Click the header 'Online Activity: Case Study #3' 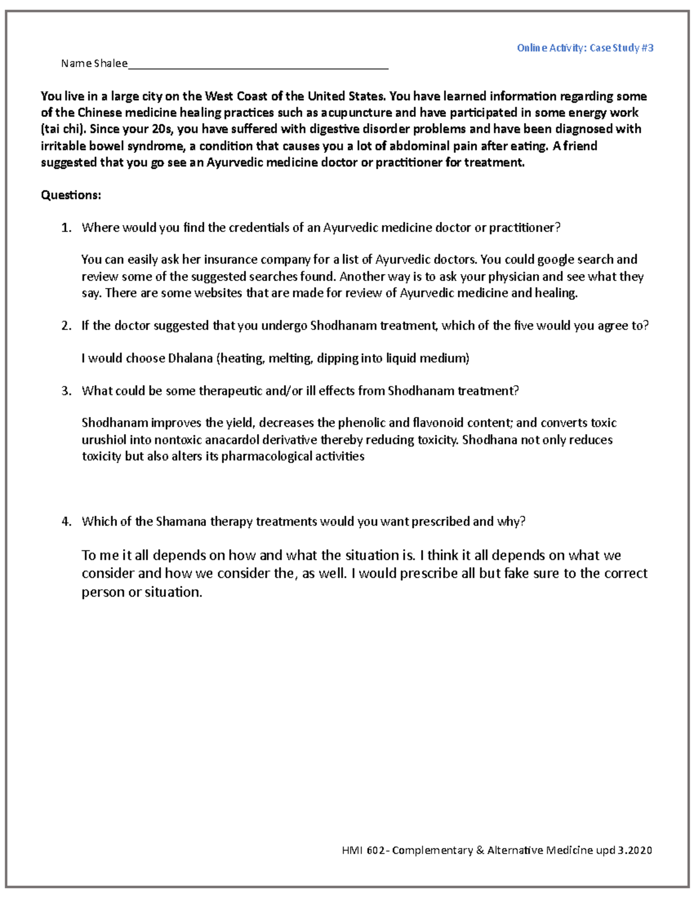coord(585,48)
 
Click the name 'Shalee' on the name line coord(110,64)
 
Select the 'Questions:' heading coord(71,195)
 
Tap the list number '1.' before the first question coord(67,228)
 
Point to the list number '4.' coord(67,522)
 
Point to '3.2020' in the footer coord(634,850)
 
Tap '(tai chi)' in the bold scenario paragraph coord(64,129)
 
